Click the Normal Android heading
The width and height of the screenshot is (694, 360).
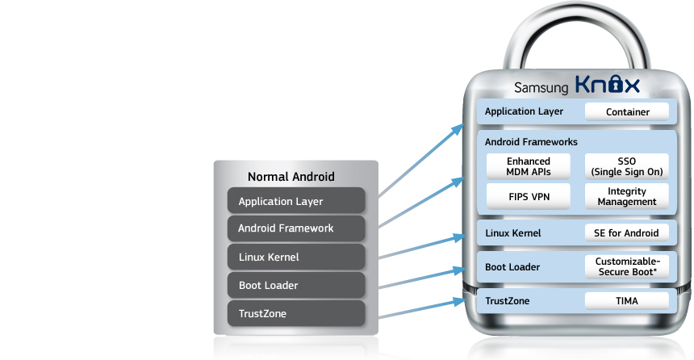tap(291, 177)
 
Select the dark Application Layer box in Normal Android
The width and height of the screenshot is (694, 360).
tap(297, 201)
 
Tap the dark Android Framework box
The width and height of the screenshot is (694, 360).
tap(297, 228)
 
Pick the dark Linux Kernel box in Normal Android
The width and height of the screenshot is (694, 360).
tap(297, 257)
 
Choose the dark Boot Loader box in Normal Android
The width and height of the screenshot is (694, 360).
tap(297, 286)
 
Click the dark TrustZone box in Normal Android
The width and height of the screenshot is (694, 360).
tap(297, 313)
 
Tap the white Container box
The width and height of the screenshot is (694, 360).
tap(627, 112)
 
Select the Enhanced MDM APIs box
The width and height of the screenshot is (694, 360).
tap(529, 166)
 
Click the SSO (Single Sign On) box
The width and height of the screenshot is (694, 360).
tap(627, 166)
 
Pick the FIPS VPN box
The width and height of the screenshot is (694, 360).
tap(529, 196)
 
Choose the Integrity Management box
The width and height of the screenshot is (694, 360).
tap(627, 196)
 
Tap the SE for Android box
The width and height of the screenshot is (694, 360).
tap(627, 233)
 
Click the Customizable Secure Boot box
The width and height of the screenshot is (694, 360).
tap(627, 266)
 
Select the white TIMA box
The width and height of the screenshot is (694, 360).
tap(627, 301)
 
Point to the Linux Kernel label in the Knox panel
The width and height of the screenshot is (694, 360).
tap(512, 233)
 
